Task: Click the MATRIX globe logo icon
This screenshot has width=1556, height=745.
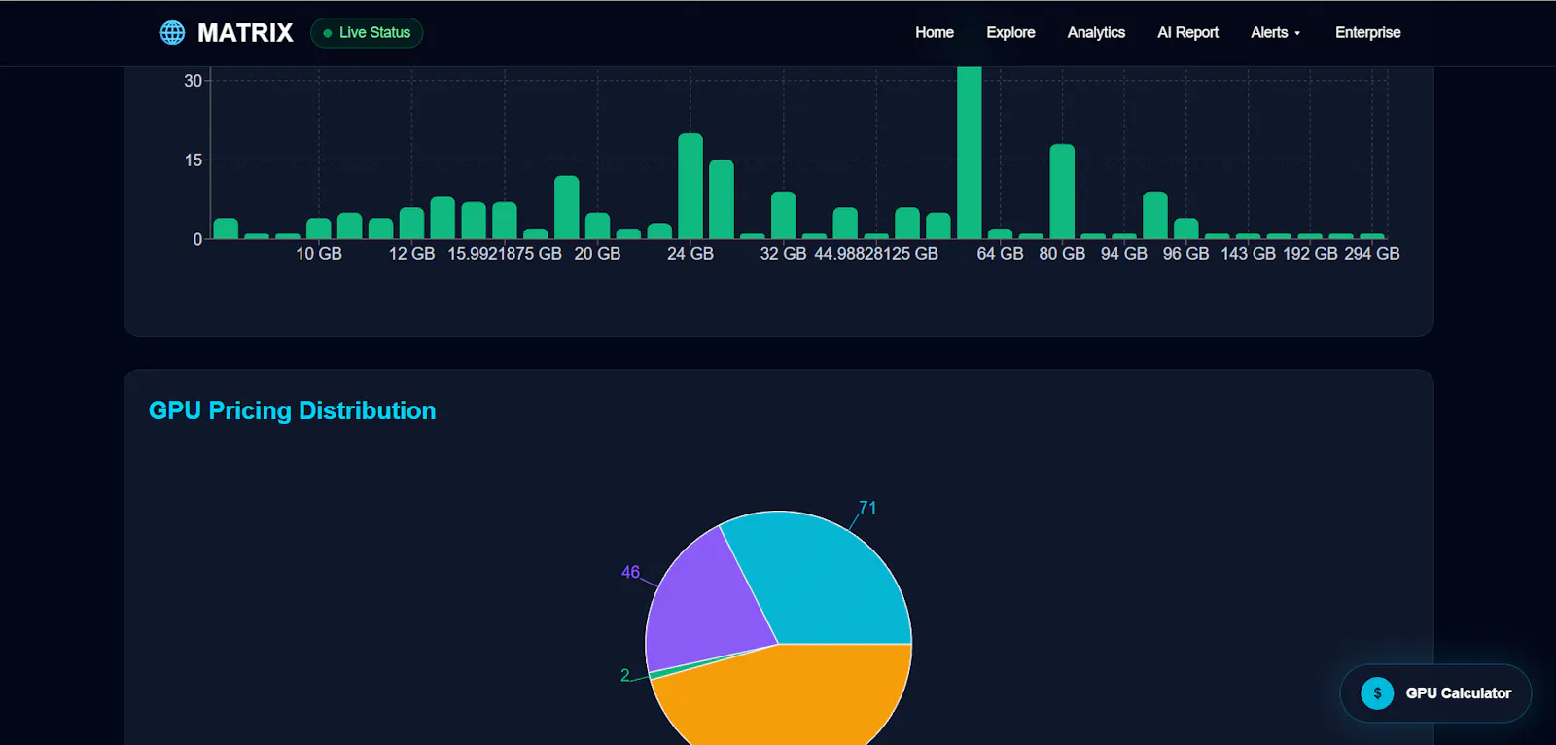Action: pyautogui.click(x=172, y=33)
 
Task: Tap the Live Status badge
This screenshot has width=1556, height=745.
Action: pyautogui.click(x=367, y=33)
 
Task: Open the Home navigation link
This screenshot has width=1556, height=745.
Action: pyautogui.click(x=935, y=33)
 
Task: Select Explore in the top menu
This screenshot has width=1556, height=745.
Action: pyautogui.click(x=1010, y=33)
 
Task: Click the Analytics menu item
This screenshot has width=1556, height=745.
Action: pyautogui.click(x=1096, y=33)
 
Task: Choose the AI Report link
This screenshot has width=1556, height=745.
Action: pyautogui.click(x=1187, y=33)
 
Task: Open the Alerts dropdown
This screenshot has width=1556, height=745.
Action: pyautogui.click(x=1275, y=33)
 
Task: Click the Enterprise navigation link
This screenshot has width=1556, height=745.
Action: pyautogui.click(x=1367, y=33)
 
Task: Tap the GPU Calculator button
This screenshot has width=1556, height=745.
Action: pyautogui.click(x=1435, y=692)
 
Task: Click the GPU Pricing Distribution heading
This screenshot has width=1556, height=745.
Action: pyautogui.click(x=293, y=410)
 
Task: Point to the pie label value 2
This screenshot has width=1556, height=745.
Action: pyautogui.click(x=625, y=675)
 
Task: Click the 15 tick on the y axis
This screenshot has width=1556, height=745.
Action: pyautogui.click(x=194, y=160)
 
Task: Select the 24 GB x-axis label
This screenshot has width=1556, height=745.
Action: pyautogui.click(x=690, y=254)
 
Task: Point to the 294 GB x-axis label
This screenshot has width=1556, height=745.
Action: pyautogui.click(x=1372, y=254)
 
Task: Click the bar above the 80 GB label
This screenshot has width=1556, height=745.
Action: pyautogui.click(x=1062, y=192)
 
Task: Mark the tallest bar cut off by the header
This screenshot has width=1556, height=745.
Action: pyautogui.click(x=969, y=153)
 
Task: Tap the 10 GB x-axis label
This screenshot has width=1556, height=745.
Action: pyautogui.click(x=319, y=254)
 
